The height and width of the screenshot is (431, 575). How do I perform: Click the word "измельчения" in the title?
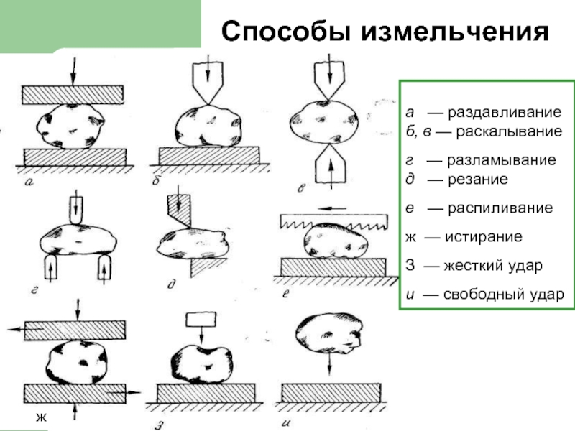[x=454, y=32]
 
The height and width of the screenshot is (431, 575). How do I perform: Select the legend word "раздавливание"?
[x=505, y=113]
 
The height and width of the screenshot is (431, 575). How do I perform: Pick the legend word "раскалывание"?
[x=509, y=131]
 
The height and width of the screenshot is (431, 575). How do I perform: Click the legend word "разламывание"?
[x=501, y=160]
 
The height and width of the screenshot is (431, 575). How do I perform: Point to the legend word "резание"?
[x=478, y=179]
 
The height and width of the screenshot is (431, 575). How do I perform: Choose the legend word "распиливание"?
[x=500, y=208]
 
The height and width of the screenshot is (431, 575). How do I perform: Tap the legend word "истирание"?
[x=483, y=237]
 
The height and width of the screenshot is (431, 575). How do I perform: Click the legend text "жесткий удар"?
[x=493, y=266]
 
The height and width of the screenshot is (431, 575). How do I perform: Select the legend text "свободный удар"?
[x=504, y=295]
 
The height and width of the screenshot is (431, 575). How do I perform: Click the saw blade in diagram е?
[x=333, y=221]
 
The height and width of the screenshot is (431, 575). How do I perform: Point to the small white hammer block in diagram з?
[x=201, y=319]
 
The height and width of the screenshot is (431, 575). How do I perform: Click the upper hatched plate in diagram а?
[x=73, y=95]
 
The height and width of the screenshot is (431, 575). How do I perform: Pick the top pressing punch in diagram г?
[x=76, y=210]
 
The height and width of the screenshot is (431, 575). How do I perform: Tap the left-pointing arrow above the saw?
[x=331, y=208]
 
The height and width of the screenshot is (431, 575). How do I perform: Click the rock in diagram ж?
[x=77, y=362]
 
